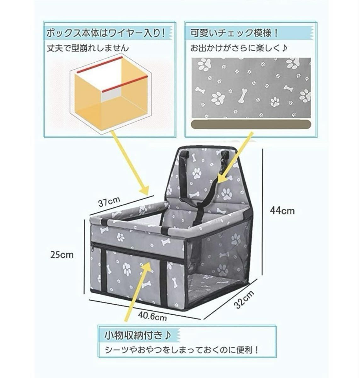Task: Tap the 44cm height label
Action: [x=282, y=210]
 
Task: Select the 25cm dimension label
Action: [x=62, y=254]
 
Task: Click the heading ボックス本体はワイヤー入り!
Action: [x=106, y=33]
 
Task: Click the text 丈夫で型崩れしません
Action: [x=88, y=48]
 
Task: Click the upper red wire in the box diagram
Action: [x=99, y=65]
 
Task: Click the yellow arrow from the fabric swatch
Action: [x=236, y=157]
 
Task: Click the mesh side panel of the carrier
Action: [x=220, y=255]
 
